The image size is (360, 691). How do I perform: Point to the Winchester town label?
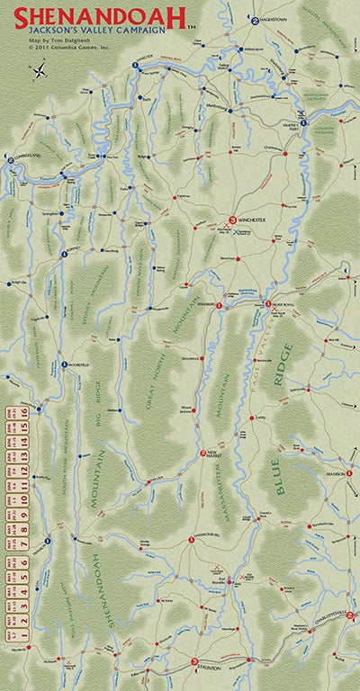(253, 220)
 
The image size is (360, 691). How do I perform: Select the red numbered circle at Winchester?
(232, 220)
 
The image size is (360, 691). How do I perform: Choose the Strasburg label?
(209, 305)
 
